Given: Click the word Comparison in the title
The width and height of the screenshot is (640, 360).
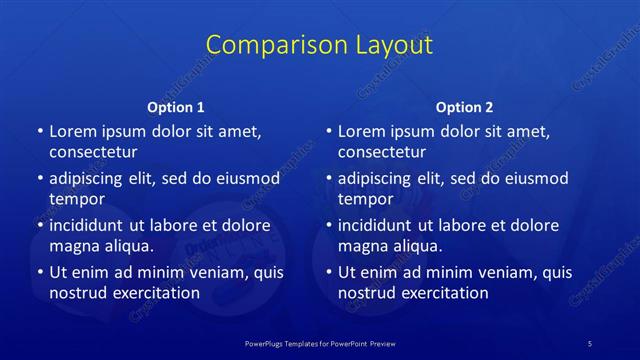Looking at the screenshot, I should [265, 45].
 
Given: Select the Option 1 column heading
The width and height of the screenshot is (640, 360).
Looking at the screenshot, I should [176, 107].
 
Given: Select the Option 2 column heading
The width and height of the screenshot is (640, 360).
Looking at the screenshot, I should [465, 107].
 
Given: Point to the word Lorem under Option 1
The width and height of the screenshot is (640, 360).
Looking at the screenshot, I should [73, 131].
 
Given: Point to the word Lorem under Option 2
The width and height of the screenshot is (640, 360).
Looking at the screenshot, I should [362, 131].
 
